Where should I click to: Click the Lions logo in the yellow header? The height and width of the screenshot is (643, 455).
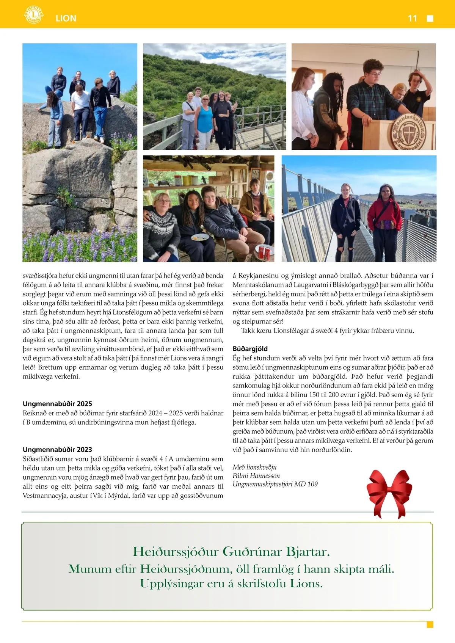click(34, 15)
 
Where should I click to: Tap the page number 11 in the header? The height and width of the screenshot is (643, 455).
click(412, 18)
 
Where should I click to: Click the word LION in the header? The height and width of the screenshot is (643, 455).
click(66, 18)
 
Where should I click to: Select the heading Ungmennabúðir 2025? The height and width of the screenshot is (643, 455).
click(57, 404)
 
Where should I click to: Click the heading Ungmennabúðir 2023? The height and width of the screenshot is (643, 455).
click(57, 450)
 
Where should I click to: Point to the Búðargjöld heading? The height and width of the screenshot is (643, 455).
click(250, 349)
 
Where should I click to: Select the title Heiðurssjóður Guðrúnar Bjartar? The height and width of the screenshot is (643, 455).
click(231, 552)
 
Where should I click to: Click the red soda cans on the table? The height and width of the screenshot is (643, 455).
click(264, 252)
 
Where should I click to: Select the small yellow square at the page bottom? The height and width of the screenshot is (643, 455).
click(430, 625)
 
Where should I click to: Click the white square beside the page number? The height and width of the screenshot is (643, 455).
click(430, 19)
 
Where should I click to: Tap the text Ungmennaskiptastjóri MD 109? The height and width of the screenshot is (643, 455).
click(275, 484)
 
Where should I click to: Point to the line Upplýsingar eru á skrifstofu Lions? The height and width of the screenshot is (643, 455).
click(231, 583)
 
